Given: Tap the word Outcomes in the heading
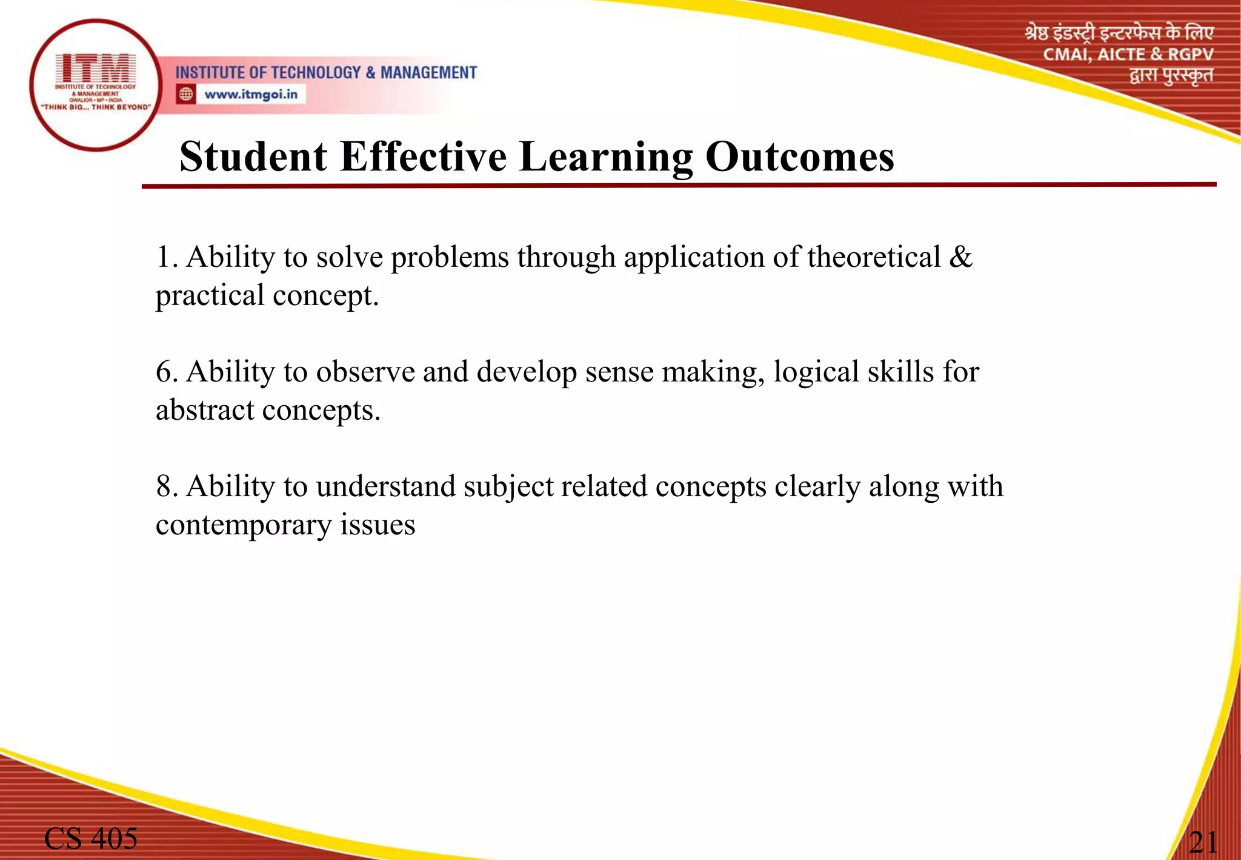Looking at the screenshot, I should pyautogui.click(x=799, y=157).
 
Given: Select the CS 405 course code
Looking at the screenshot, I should pyautogui.click(x=91, y=839).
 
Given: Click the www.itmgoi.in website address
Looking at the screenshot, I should pyautogui.click(x=251, y=95).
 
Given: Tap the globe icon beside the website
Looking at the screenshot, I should pyautogui.click(x=186, y=95).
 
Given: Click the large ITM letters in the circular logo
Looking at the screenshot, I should pyautogui.click(x=95, y=68).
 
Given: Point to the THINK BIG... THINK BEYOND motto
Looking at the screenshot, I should pyautogui.click(x=95, y=107).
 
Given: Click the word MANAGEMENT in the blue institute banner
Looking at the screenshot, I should pyautogui.click(x=428, y=73).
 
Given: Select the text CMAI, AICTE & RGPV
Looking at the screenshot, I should pyautogui.click(x=1128, y=55).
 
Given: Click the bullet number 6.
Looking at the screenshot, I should pyautogui.click(x=165, y=372).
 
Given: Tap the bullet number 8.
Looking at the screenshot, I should pyautogui.click(x=165, y=486).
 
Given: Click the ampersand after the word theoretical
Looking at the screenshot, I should pyautogui.click(x=960, y=257).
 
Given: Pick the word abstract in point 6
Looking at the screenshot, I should pyautogui.click(x=205, y=411).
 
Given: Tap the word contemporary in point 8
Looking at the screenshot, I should pyautogui.click(x=243, y=526).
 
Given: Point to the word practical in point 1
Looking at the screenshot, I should pyautogui.click(x=210, y=297).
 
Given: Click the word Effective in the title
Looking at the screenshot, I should pyautogui.click(x=422, y=157).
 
